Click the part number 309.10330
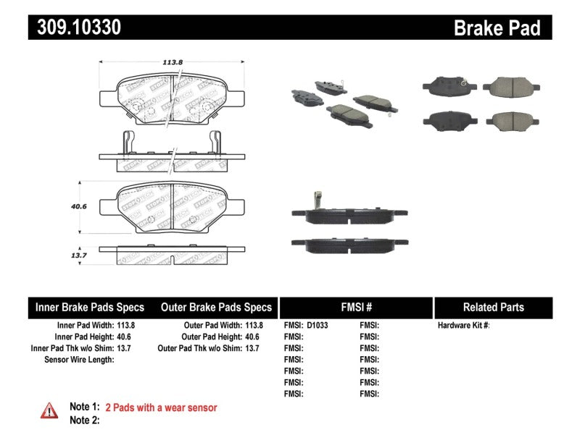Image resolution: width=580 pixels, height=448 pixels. pos(75,28)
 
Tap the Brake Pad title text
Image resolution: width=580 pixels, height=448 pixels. pos(497,28)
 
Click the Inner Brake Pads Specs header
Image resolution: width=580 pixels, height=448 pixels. pos(90,307)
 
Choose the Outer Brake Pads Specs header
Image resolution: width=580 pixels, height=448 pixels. pos(216,307)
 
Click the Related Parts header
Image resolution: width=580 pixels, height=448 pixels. pos(493,307)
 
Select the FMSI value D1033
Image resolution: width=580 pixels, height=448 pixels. pos(317,326)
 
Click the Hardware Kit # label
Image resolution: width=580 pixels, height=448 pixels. pos(463,326)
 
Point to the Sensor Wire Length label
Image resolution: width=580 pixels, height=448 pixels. pos(79,360)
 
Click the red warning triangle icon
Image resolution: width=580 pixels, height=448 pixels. pos(49,410)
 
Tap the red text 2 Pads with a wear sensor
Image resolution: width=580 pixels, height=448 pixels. pos(161,407)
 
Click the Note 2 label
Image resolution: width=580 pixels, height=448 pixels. pos(84,420)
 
